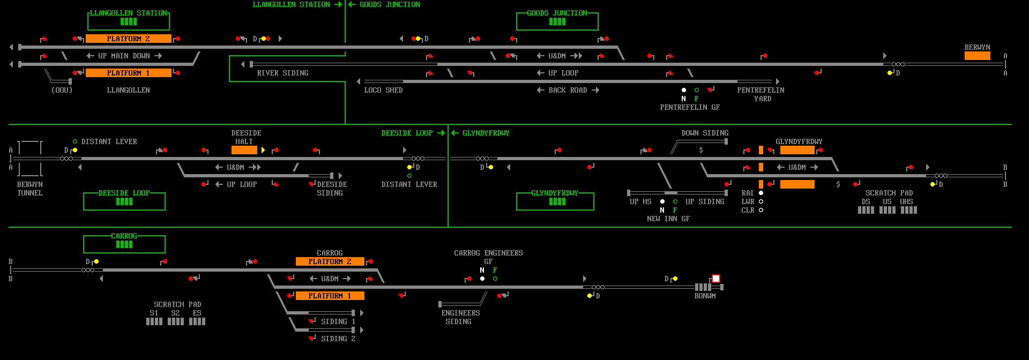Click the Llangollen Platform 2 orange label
click(x=129, y=39)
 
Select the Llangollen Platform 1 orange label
click(x=129, y=73)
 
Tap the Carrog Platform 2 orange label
click(x=330, y=261)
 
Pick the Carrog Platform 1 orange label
click(x=330, y=296)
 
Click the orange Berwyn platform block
click(x=978, y=56)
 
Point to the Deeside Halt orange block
click(x=244, y=150)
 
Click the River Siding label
click(x=282, y=73)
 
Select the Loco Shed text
click(x=383, y=90)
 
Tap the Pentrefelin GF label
click(x=690, y=107)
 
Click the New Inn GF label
click(x=668, y=219)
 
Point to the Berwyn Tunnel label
click(x=29, y=189)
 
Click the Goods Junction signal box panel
click(x=557, y=21)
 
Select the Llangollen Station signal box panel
click(x=129, y=21)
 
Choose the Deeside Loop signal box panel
click(x=124, y=201)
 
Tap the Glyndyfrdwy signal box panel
click(x=555, y=201)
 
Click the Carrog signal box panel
click(x=124, y=244)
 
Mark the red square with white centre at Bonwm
click(x=716, y=279)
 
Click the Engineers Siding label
click(x=460, y=317)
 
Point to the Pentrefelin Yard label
click(x=760, y=94)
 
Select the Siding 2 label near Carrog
click(x=338, y=339)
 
